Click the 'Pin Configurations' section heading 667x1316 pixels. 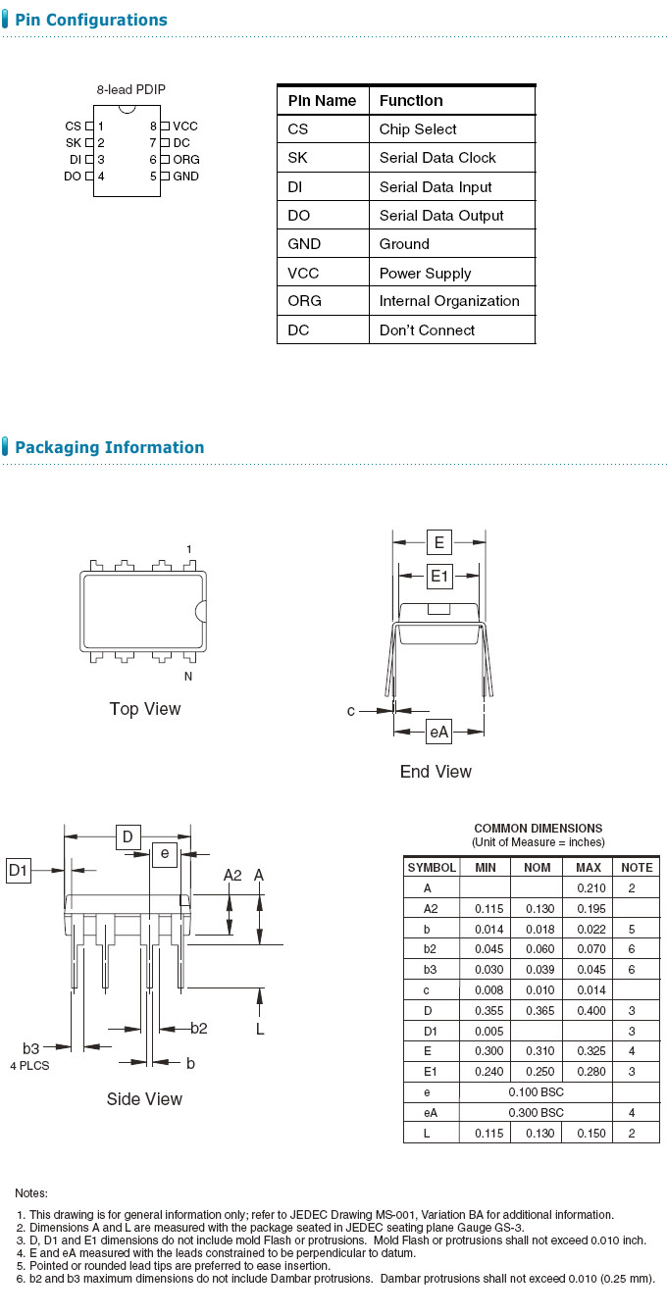91,21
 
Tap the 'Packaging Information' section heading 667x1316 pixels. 110,448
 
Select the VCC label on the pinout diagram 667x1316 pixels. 185,127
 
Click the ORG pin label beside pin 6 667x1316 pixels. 186,160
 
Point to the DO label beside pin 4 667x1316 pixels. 73,177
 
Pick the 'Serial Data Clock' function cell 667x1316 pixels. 437,158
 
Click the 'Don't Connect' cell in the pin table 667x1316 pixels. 427,330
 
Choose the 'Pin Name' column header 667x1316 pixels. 322,101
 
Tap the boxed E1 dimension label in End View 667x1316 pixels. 438,577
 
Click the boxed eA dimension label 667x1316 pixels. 438,731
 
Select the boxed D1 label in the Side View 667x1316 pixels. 19,870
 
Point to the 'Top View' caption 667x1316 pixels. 145,709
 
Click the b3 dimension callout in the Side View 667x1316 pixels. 31,1048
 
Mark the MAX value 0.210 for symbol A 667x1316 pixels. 589,887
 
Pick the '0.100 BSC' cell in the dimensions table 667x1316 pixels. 536,1092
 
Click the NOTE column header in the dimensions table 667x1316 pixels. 636,868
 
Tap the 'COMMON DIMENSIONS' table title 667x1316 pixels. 538,829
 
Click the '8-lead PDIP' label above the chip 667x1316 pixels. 130,89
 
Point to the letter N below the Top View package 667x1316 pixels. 188,677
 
